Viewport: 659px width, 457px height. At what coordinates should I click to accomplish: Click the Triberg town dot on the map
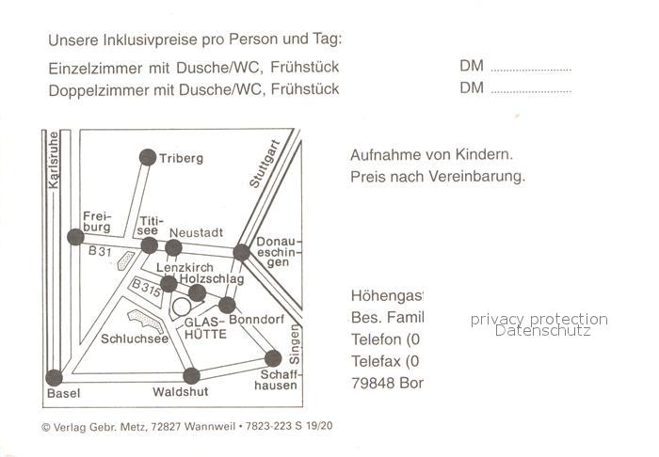(x=148, y=157)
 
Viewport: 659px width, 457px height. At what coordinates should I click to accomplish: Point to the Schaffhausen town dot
(x=273, y=358)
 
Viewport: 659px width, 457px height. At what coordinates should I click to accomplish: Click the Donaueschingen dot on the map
(x=242, y=252)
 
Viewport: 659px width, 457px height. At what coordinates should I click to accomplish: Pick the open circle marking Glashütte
(x=182, y=307)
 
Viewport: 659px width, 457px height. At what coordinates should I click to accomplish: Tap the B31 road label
(x=99, y=252)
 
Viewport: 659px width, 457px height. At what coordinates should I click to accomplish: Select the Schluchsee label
(x=135, y=339)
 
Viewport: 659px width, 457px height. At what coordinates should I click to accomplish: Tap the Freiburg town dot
(x=75, y=237)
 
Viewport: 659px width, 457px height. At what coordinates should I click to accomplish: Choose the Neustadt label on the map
(x=196, y=232)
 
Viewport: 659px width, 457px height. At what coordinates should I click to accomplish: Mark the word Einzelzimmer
(x=90, y=68)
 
